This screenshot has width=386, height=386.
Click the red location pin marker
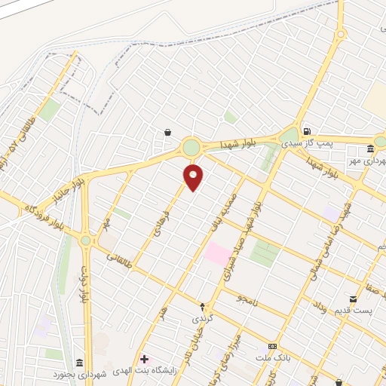click(194, 176)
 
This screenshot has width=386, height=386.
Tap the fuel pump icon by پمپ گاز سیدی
click(305, 130)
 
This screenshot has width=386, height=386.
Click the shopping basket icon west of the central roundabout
click(167, 133)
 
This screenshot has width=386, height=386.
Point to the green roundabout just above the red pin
click(191, 146)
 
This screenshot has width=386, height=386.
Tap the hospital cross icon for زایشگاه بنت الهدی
click(144, 360)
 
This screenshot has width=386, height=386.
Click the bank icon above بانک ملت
click(272, 345)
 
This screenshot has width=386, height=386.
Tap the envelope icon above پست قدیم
click(353, 299)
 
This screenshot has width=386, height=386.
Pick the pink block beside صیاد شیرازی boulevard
click(218, 253)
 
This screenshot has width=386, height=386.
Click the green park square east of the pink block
click(265, 253)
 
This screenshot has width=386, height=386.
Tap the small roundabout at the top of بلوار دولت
click(86, 240)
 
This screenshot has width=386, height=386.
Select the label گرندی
click(202, 319)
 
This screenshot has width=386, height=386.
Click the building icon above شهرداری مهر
click(370, 148)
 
